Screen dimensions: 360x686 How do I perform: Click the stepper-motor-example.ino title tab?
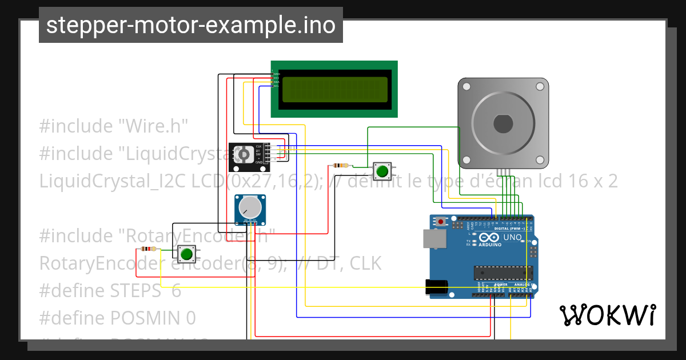(x=190, y=25)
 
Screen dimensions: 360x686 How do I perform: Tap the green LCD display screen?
(x=334, y=89)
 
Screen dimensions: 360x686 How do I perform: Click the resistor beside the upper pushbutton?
(x=340, y=166)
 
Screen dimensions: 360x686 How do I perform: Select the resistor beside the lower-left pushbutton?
(x=148, y=249)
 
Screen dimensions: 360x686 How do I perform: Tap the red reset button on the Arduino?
(x=440, y=221)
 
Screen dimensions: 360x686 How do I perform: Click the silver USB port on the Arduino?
(x=433, y=239)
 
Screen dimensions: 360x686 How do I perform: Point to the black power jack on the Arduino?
(x=437, y=287)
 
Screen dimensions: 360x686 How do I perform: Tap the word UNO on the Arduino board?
(x=512, y=237)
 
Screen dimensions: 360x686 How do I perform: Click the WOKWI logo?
(x=607, y=315)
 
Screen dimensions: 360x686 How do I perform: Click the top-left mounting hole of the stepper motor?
(x=466, y=87)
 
